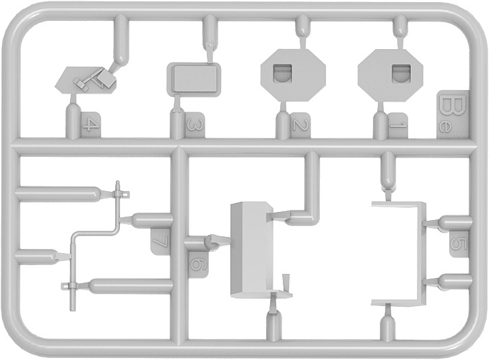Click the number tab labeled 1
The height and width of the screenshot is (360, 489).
click(397, 126)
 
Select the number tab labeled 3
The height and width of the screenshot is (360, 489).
click(195, 126)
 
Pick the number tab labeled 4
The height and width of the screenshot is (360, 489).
click(91, 126)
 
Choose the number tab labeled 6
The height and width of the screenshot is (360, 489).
click(199, 264)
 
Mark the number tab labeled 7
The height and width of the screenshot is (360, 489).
click(160, 242)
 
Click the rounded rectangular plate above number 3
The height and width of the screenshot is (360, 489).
click(194, 79)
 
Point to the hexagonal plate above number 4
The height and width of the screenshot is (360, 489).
click(86, 81)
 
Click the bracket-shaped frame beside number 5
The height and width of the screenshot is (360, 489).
click(420, 254)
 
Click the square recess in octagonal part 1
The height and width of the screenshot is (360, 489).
click(400, 73)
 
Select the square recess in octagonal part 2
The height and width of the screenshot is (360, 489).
click(282, 74)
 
